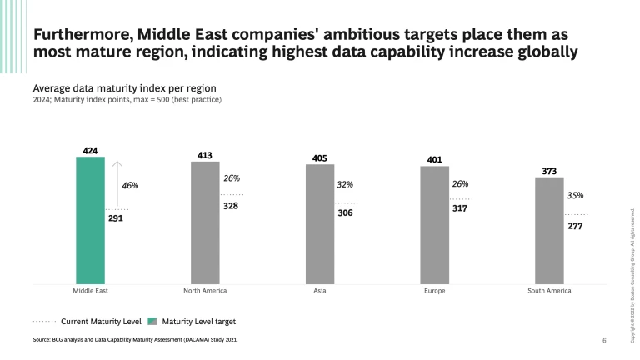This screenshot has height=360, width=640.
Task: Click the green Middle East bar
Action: tap(90, 220)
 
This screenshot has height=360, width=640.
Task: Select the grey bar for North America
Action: tap(205, 222)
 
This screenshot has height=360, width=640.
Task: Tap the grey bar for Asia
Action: tap(319, 224)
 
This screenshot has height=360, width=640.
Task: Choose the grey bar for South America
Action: tap(548, 231)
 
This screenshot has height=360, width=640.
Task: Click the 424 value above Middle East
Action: tap(91, 151)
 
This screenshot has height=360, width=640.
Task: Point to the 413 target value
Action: tap(205, 155)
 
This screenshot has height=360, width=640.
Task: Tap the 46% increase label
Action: tap(131, 184)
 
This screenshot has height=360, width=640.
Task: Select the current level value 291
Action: tap(116, 218)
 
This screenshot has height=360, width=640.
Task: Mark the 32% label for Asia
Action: tap(345, 184)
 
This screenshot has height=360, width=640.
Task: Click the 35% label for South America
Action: tap(575, 195)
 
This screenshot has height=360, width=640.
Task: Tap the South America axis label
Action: tap(548, 291)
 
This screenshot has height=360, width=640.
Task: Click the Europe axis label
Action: tap(434, 291)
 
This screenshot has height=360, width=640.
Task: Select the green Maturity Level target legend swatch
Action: tap(152, 320)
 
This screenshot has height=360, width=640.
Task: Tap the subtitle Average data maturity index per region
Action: tap(125, 87)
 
